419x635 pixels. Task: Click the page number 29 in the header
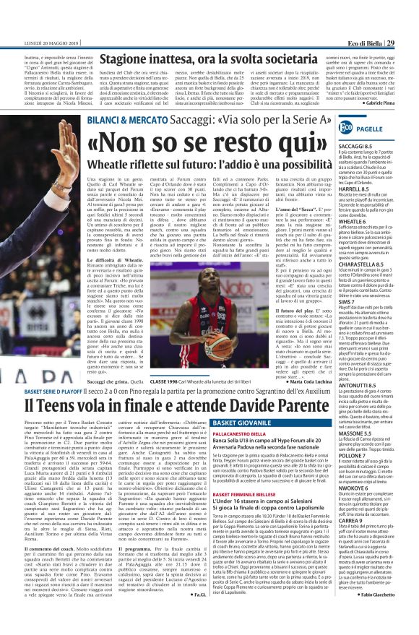click(x=409, y=5)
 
